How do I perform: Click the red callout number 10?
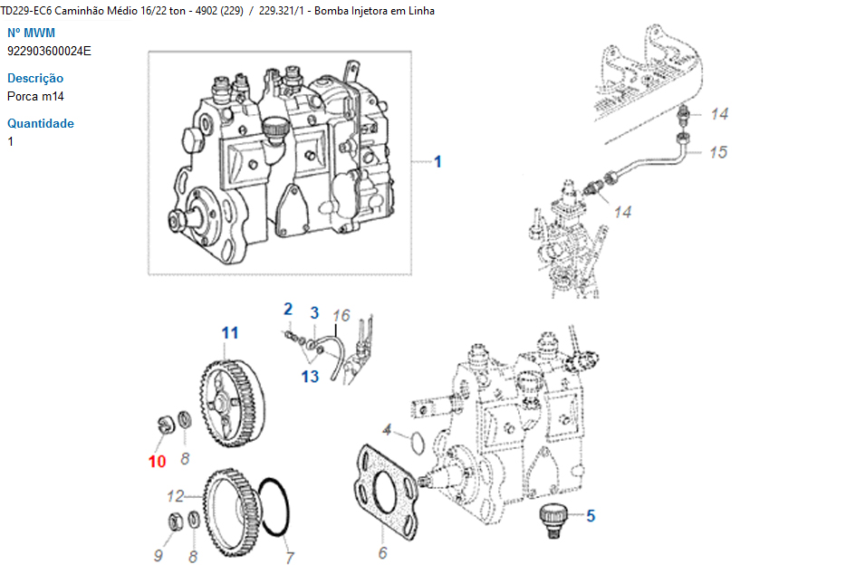(157, 461)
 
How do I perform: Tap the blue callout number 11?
(230, 333)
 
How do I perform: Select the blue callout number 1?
(437, 162)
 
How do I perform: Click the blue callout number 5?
(591, 516)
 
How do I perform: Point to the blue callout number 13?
(311, 376)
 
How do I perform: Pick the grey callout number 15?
(718, 152)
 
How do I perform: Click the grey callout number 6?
(382, 553)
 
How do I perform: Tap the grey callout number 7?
(290, 558)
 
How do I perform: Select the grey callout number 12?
(176, 496)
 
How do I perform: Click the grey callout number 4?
(387, 430)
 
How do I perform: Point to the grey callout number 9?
(158, 556)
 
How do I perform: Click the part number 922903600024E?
(49, 52)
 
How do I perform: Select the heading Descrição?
(35, 78)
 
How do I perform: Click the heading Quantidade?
(41, 123)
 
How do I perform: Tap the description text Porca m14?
(35, 97)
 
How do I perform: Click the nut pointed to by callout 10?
(166, 424)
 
